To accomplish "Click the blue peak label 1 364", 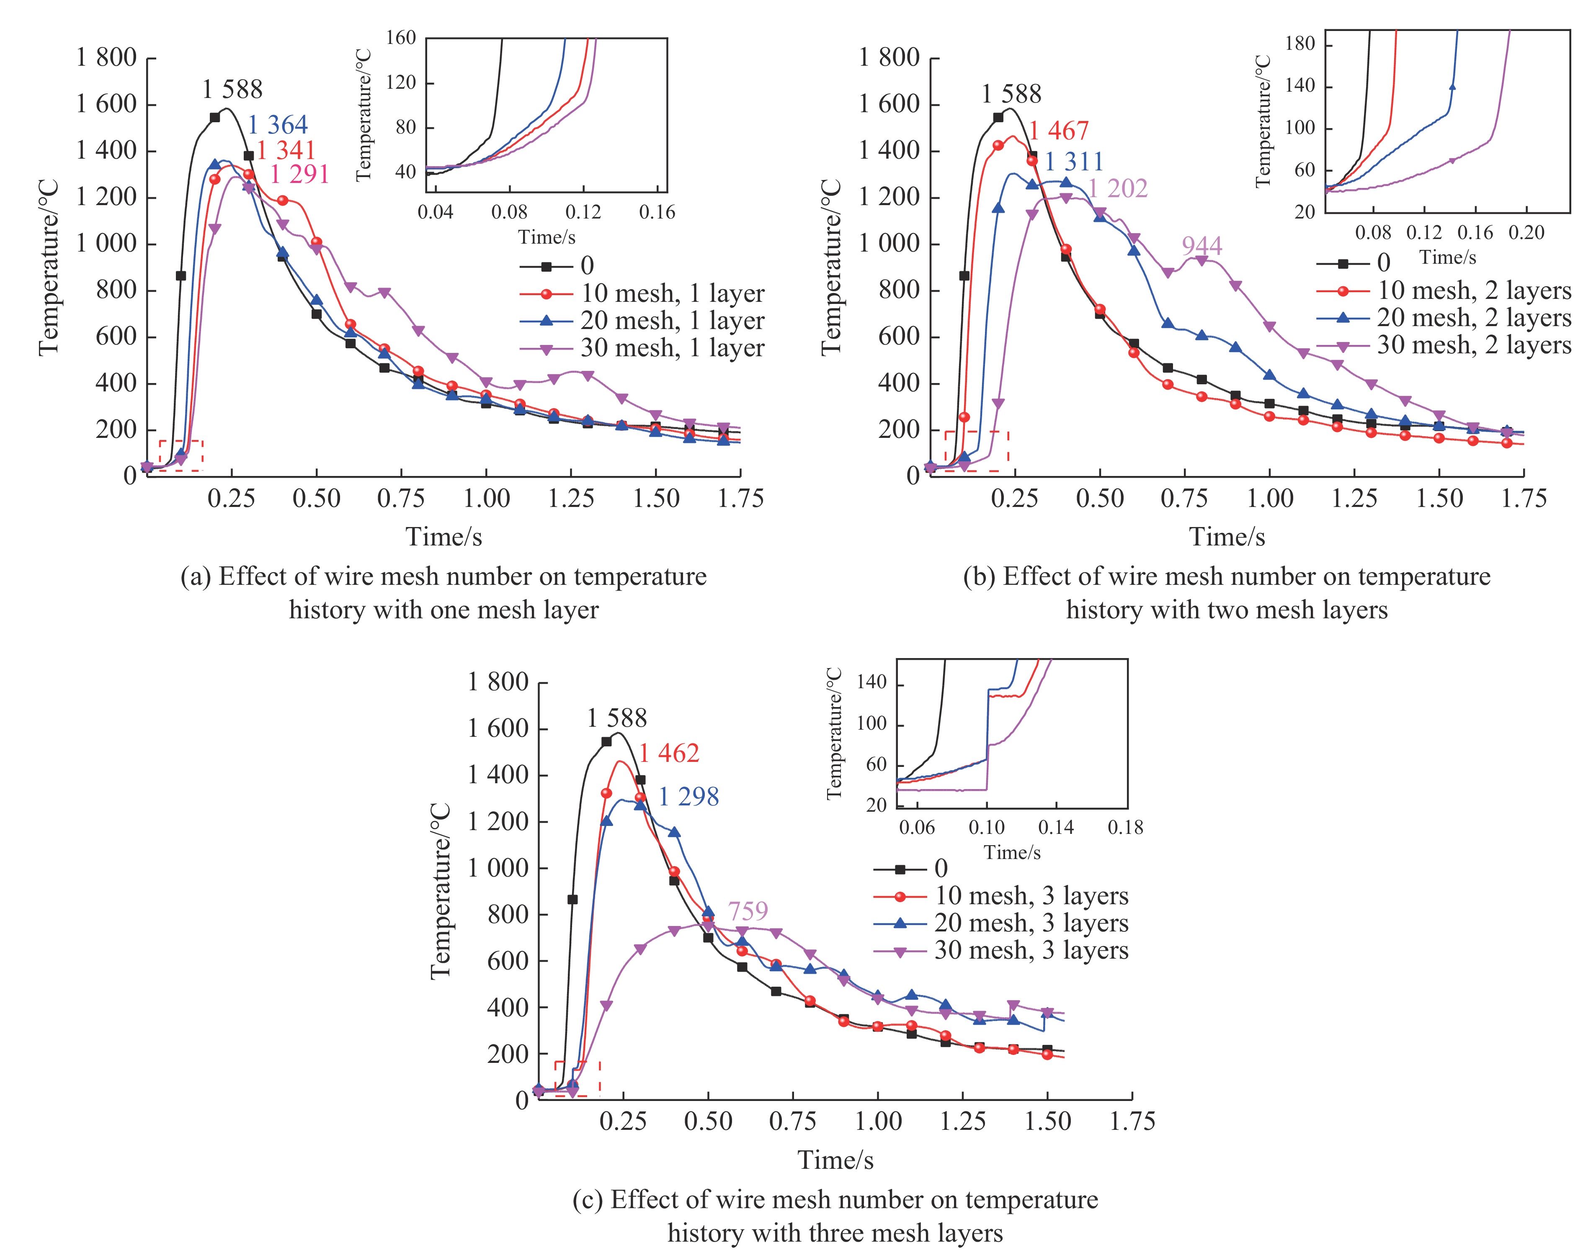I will (x=278, y=125).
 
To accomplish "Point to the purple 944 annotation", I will (x=1201, y=246).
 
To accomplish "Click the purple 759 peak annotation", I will (x=748, y=911).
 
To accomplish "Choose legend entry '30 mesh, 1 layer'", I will (x=672, y=348).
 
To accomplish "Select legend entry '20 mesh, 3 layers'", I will (x=1031, y=923).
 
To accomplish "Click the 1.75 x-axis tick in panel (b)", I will (x=1524, y=499).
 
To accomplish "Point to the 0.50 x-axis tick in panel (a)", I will (x=316, y=499).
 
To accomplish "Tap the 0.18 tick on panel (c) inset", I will (x=1125, y=828).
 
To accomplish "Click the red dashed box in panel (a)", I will (x=181, y=455).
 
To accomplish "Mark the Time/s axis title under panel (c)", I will (x=835, y=1160).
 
